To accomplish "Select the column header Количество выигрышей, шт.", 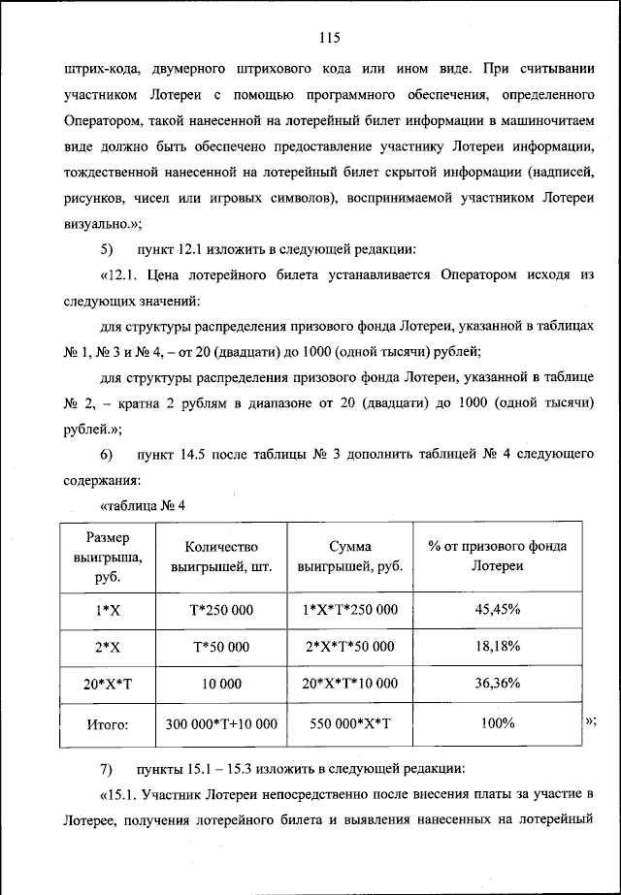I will pyautogui.click(x=221, y=556).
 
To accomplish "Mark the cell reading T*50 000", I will pyautogui.click(x=221, y=646).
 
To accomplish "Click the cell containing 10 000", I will pyautogui.click(x=221, y=684).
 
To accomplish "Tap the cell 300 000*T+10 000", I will pyautogui.click(x=221, y=723).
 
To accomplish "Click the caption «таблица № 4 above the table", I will pyautogui.click(x=143, y=505).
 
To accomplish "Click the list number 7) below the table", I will pyautogui.click(x=108, y=770).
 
